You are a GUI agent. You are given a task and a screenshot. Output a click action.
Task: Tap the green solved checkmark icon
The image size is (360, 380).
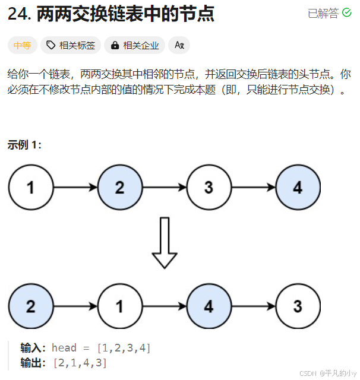click(x=348, y=13)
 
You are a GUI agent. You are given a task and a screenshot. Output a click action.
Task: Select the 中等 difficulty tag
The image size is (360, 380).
click(x=23, y=45)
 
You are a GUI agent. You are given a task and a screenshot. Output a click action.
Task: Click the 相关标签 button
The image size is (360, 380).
click(x=71, y=45)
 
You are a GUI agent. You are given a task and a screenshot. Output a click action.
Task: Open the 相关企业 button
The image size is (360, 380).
click(x=134, y=45)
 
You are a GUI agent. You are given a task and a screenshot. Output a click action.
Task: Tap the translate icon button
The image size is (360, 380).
click(x=179, y=45)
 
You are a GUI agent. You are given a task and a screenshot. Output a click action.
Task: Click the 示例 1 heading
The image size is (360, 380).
click(x=24, y=144)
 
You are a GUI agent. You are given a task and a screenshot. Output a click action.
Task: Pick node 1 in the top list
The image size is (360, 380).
click(x=30, y=188)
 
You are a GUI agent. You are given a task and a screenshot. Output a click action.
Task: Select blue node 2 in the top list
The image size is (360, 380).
click(x=119, y=188)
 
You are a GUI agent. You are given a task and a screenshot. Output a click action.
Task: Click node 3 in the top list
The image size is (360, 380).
click(x=209, y=188)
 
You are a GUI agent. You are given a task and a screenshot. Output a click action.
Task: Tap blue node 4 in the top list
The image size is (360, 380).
click(x=298, y=188)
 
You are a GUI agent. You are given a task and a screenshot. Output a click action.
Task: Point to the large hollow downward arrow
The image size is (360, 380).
click(x=164, y=242)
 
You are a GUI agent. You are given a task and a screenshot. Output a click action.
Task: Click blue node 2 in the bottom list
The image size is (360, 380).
click(x=30, y=306)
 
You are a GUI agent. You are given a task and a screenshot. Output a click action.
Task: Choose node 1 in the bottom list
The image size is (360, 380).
click(x=119, y=306)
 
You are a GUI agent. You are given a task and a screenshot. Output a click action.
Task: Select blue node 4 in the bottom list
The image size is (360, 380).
click(x=209, y=306)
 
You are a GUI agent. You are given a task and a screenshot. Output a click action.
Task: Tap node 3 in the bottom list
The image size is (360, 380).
click(x=298, y=306)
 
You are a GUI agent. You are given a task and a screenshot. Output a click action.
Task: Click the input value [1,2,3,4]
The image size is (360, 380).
click(x=124, y=348)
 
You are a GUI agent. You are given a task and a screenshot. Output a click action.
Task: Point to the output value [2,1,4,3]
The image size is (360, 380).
click(x=80, y=362)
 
